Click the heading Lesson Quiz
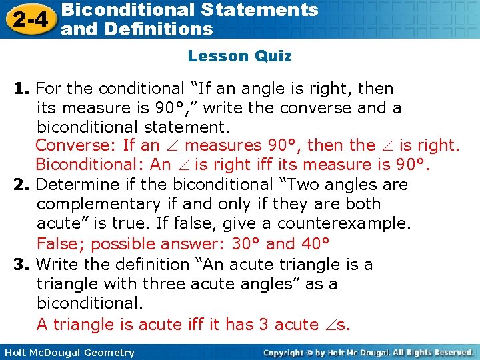click(x=239, y=56)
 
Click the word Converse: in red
click(x=76, y=145)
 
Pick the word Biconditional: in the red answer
click(x=90, y=165)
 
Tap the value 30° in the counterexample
click(x=246, y=244)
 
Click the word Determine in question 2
click(x=71, y=185)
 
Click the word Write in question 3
click(x=58, y=265)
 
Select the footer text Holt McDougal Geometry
click(x=69, y=353)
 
